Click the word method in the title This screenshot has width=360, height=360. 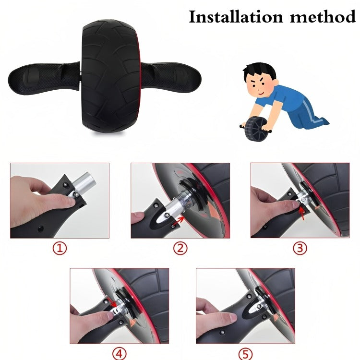323,16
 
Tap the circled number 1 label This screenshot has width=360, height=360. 60,248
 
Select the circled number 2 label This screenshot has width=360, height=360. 180,248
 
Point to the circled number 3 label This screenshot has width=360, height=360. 300,248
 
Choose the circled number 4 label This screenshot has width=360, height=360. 120,354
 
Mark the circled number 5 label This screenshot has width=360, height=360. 246,354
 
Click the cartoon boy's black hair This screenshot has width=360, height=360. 259,70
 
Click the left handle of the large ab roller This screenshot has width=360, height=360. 44,78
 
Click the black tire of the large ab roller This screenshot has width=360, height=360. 111,76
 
